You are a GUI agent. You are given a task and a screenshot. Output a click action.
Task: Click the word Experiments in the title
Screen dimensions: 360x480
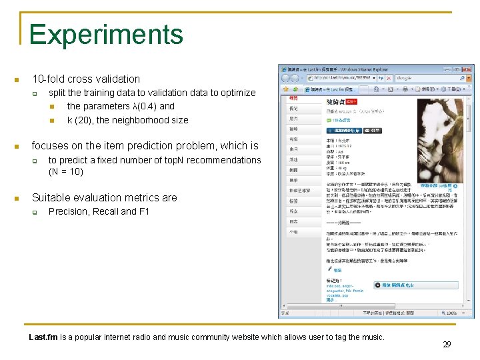coord(106,35)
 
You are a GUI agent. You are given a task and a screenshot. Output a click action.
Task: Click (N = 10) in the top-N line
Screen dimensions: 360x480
coord(65,171)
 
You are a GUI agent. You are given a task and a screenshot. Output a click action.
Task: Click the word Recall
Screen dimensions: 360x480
coord(109,211)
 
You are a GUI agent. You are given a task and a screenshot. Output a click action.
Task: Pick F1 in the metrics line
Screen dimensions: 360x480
coord(143,211)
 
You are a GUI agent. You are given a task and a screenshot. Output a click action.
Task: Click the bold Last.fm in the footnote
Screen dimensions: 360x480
coord(43,337)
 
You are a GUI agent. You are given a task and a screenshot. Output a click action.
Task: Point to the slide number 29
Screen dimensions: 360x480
coord(447,344)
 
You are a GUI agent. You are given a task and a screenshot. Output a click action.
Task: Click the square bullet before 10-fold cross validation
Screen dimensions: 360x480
coord(17,79)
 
